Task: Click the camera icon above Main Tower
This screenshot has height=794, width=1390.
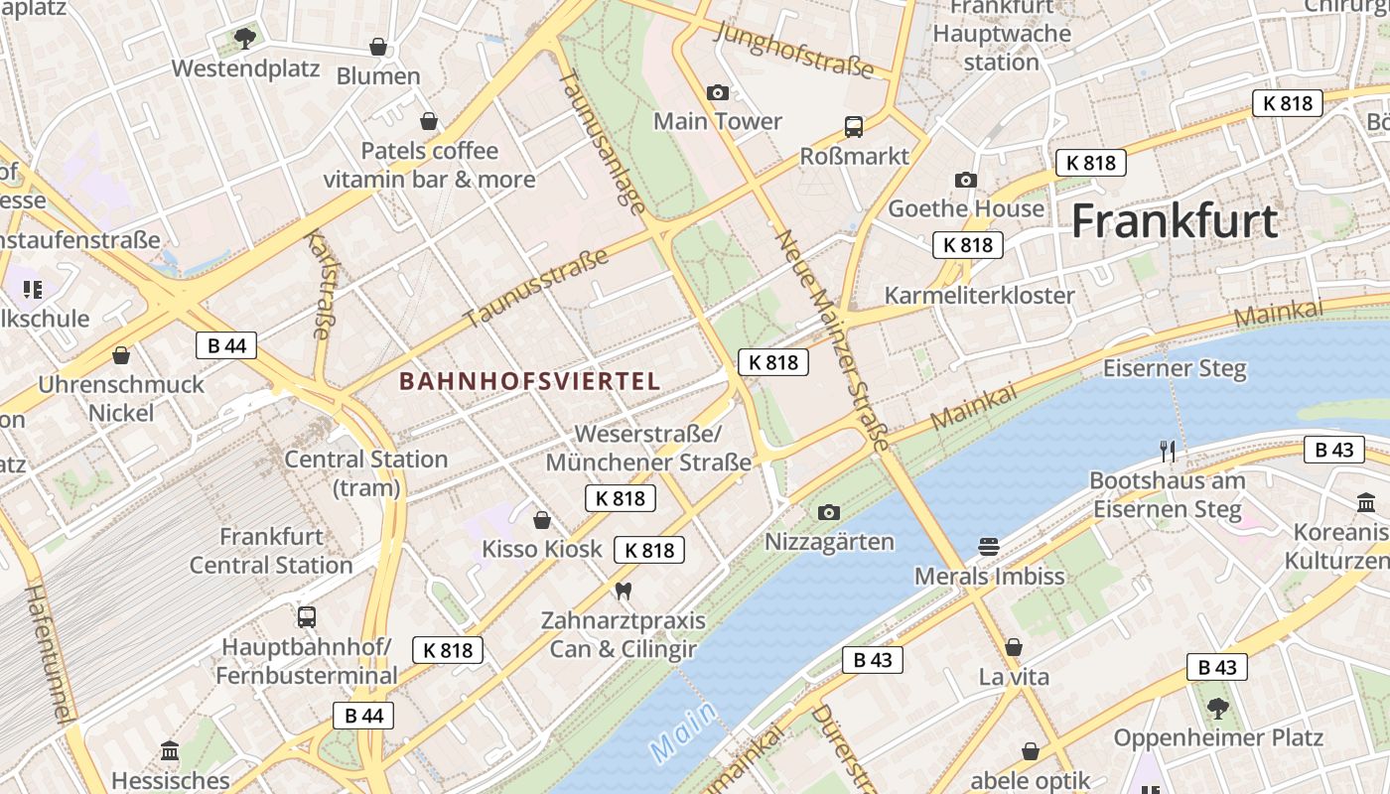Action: point(718,93)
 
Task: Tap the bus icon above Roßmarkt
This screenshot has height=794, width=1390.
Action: point(854,127)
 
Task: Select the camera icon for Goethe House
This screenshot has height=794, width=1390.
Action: point(965,180)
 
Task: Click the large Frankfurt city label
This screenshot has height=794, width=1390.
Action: point(1174,220)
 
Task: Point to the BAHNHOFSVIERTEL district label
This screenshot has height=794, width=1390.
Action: point(529,381)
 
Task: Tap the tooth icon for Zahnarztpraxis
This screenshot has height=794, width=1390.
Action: point(624,591)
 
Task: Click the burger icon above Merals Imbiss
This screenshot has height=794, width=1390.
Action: point(989,547)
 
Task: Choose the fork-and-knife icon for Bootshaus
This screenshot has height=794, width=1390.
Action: point(1168,452)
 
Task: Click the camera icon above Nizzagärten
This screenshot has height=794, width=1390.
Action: point(829,513)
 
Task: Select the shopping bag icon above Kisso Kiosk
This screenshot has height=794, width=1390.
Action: point(542,520)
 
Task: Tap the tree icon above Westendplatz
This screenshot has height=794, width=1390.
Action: point(245,39)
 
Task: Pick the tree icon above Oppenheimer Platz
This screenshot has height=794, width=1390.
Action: point(1218,709)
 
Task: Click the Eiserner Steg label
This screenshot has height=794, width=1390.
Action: point(1175,368)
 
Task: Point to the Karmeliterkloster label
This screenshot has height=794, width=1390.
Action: point(979,295)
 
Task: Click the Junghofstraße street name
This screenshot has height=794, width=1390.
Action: point(793,49)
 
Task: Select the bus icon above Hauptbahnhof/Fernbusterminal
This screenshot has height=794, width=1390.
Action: point(307,617)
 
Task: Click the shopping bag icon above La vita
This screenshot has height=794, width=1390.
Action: point(1014,648)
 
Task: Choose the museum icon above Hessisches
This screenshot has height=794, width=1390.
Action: point(170,750)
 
